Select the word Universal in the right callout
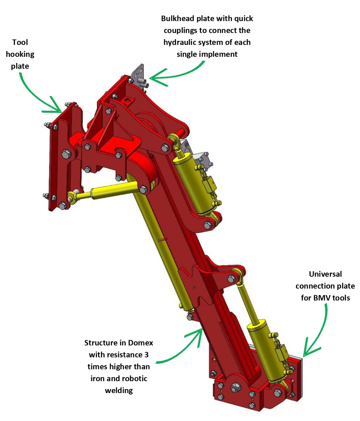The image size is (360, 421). point(325,274)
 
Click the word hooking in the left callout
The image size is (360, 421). point(20,54)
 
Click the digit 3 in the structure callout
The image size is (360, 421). point(146,355)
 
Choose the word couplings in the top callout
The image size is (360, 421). point(181,31)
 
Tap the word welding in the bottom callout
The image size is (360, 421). point(119,391)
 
